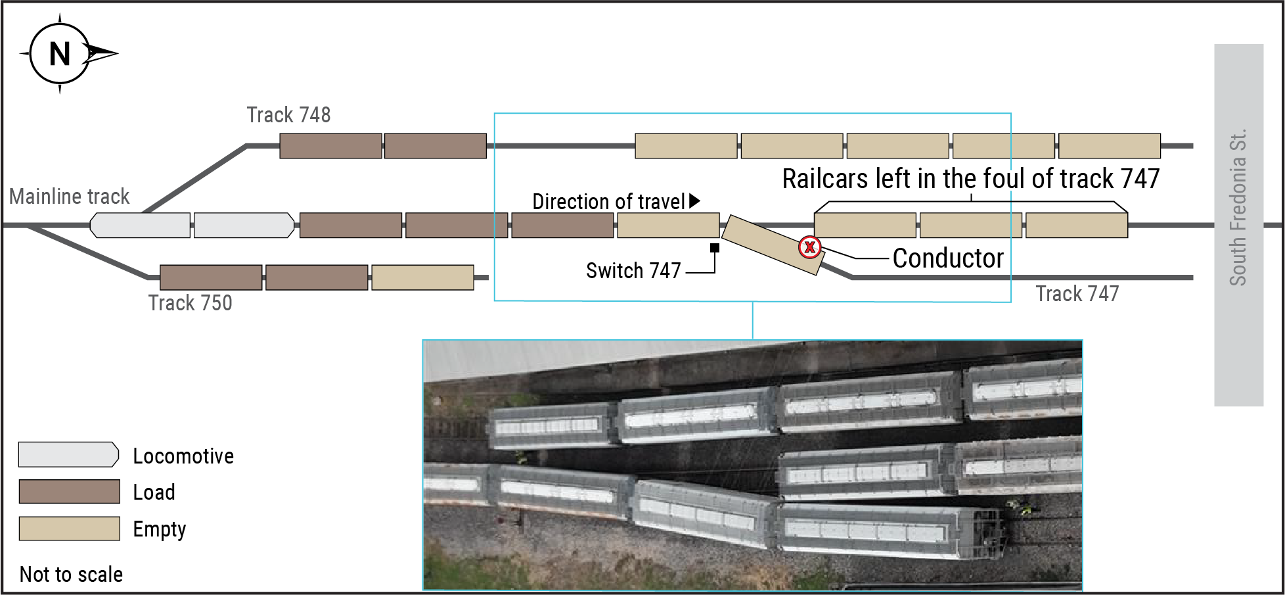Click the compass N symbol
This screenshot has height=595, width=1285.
(x=60, y=54)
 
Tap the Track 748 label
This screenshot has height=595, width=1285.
(x=288, y=115)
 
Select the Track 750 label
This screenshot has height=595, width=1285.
(x=190, y=303)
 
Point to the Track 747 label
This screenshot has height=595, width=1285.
(x=1077, y=294)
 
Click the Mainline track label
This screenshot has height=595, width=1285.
(x=69, y=197)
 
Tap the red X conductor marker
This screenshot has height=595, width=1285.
(x=810, y=247)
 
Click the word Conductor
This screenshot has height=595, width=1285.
(x=948, y=258)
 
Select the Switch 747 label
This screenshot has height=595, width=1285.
(x=633, y=271)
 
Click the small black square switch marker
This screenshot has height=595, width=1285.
(x=715, y=248)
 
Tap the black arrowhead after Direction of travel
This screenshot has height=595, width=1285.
(x=694, y=201)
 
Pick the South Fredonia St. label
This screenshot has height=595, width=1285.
(x=1238, y=207)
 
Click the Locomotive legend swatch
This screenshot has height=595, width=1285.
(x=68, y=455)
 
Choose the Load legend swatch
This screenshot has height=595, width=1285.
(x=69, y=492)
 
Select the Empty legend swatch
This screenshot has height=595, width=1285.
(x=69, y=529)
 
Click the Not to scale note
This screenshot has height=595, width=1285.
(x=71, y=575)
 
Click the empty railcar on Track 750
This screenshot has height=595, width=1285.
(x=422, y=277)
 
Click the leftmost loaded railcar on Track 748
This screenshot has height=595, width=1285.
(x=330, y=146)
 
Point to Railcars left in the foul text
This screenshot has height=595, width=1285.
(x=970, y=179)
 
